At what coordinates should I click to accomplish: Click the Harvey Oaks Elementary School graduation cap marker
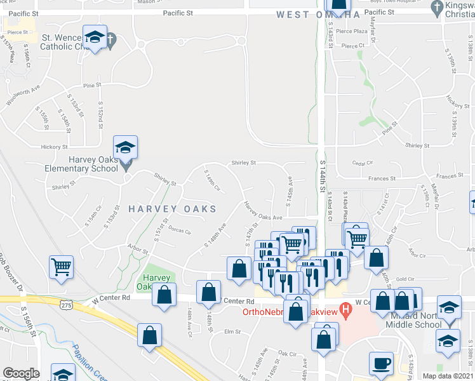click(x=126, y=147)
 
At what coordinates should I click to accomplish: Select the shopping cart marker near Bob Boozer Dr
click(x=61, y=267)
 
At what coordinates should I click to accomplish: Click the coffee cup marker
click(x=381, y=363)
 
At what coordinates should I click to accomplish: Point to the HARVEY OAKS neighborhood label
click(x=173, y=208)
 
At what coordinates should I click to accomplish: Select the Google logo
click(x=21, y=373)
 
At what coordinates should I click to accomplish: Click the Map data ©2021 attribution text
click(x=448, y=376)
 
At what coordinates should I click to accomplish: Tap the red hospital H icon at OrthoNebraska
click(x=345, y=311)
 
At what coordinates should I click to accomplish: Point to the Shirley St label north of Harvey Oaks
click(x=243, y=163)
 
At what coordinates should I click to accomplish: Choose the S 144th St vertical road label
click(x=323, y=177)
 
